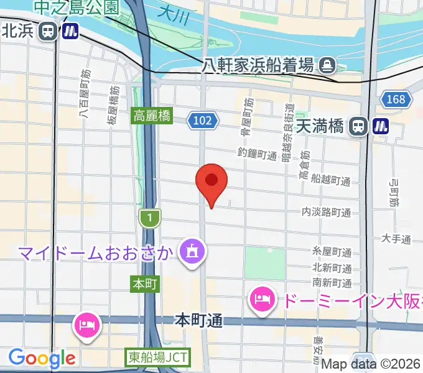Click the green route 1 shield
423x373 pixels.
click(150, 218)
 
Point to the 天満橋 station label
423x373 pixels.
click(320, 126)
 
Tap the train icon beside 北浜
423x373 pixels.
click(47, 31)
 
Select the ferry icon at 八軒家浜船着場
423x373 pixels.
click(327, 64)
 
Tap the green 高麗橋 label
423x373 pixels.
click(152, 116)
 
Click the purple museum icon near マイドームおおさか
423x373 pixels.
click(189, 251)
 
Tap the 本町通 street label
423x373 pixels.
click(198, 321)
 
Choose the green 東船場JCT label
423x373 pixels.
click(159, 357)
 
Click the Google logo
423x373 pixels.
click(41, 359)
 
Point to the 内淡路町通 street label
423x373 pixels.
click(326, 213)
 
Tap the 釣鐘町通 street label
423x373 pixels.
click(257, 153)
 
